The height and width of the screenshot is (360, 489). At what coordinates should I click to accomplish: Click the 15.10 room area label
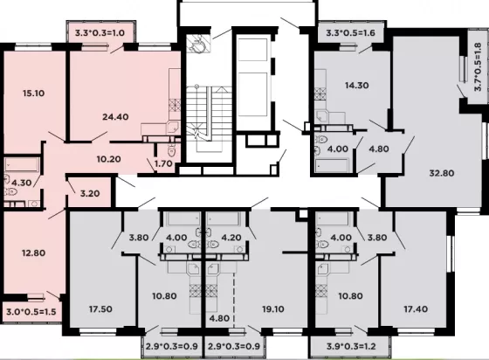[x=33, y=93]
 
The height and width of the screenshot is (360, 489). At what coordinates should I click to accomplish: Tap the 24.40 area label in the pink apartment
[x=115, y=117]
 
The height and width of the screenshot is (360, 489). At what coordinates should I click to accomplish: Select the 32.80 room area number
[x=442, y=173]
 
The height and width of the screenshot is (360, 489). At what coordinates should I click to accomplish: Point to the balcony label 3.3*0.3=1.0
[x=100, y=32]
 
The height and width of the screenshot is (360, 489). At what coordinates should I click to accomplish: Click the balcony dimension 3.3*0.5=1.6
[x=350, y=32]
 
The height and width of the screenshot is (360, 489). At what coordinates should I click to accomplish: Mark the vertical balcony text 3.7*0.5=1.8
[x=478, y=66]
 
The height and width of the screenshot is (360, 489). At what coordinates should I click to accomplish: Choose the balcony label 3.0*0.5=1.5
[x=31, y=311]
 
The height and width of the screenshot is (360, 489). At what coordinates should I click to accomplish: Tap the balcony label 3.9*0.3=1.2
[x=351, y=346]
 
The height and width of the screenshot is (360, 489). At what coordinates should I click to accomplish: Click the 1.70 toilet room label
[x=163, y=163]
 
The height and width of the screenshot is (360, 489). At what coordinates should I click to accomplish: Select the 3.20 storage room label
[x=90, y=193]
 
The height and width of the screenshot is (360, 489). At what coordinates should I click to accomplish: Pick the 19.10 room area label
[x=272, y=308]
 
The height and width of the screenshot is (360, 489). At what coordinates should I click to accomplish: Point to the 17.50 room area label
[x=100, y=308]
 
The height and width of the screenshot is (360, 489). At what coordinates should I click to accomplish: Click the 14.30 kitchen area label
[x=357, y=85]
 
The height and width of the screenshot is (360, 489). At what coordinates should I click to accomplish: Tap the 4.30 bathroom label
[x=22, y=183]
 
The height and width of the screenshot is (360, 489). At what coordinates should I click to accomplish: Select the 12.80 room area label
[x=33, y=253]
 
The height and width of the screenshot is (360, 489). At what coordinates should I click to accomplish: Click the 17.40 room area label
[x=416, y=308]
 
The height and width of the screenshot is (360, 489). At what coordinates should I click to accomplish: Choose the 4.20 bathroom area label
[x=231, y=238]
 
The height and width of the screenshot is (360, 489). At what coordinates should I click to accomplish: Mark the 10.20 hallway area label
[x=108, y=159]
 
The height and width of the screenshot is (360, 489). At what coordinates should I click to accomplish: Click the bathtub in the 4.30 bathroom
[x=22, y=164]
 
